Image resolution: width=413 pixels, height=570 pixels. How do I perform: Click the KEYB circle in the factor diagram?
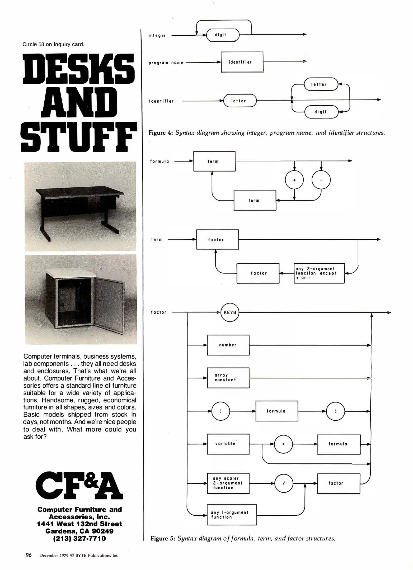point(230,312)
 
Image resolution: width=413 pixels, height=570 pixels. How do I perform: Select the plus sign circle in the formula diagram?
point(294,180)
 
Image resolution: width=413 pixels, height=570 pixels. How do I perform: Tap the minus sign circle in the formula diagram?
point(321,180)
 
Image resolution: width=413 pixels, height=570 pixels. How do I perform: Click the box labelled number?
point(228,345)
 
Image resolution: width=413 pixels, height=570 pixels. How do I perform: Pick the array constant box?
point(228,378)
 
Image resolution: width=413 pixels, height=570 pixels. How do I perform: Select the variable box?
point(228,444)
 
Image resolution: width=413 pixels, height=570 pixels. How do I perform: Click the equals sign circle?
point(283,444)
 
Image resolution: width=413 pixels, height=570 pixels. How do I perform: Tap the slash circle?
point(284,483)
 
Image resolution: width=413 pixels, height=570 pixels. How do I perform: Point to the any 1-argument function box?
point(232,515)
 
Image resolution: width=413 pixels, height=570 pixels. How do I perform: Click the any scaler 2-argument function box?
point(228,483)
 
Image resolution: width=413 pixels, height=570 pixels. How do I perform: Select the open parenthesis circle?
point(220,411)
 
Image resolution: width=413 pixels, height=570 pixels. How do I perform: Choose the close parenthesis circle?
point(336,411)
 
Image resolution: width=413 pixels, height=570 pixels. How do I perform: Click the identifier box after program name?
point(242,62)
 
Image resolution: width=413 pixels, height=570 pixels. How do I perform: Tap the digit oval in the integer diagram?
point(223,35)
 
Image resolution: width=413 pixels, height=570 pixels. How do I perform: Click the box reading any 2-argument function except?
point(319,273)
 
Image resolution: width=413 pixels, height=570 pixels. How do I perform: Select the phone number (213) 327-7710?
point(79,538)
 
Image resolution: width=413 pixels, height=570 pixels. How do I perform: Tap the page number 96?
point(29,555)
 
